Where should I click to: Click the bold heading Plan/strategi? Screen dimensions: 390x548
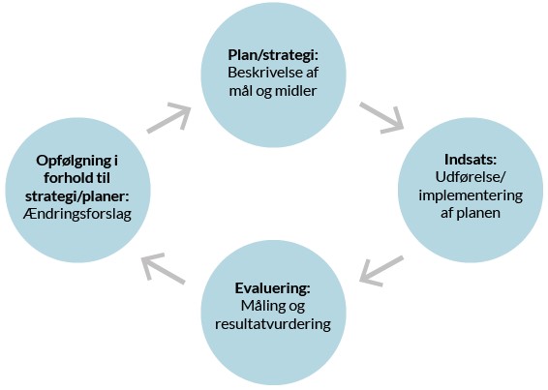coord(272,54)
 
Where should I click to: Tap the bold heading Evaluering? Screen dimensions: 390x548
coord(272,287)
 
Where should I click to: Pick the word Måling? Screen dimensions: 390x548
coord(259,306)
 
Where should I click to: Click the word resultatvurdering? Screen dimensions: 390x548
coord(272,324)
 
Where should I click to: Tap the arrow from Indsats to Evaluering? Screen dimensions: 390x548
coord(381,270)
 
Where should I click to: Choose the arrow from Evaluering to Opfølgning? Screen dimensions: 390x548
coord(163,268)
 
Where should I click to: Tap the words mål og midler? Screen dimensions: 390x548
coord(272,91)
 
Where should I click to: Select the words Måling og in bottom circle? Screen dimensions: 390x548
coord(272,306)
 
